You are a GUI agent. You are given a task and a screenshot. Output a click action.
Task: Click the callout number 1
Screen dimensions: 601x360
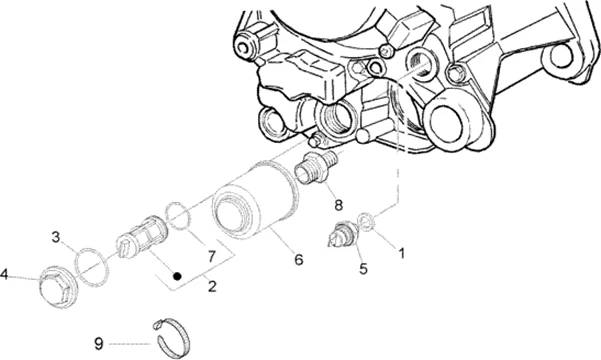[401, 253]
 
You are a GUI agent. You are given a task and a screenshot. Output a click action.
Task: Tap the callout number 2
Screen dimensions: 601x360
[212, 286]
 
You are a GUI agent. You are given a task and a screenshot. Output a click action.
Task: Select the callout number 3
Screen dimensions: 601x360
[56, 237]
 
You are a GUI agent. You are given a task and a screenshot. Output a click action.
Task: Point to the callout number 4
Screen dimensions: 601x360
[4, 274]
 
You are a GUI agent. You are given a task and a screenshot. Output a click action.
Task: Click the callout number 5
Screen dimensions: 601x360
[363, 268]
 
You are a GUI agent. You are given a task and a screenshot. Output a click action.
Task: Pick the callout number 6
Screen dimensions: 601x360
[299, 260]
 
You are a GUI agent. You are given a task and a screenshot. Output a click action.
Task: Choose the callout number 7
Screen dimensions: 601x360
[212, 256]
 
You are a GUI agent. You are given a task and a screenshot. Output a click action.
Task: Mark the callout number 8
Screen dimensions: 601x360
[338, 205]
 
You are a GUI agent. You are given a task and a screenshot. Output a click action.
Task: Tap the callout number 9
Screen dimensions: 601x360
[99, 343]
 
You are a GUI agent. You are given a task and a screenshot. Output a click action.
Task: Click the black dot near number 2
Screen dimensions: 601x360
[177, 276]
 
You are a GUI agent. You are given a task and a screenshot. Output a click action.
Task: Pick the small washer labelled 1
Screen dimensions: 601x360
[366, 223]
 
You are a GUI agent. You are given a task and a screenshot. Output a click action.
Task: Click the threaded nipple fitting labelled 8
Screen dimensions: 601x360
[316, 168]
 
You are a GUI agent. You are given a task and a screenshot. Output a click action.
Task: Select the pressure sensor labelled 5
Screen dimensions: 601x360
[343, 234]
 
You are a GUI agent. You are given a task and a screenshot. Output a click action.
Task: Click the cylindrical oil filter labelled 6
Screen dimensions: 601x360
[255, 200]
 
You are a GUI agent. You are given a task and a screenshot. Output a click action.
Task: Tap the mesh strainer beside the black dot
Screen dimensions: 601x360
[143, 237]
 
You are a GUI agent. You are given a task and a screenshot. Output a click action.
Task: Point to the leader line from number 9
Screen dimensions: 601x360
[130, 344]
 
